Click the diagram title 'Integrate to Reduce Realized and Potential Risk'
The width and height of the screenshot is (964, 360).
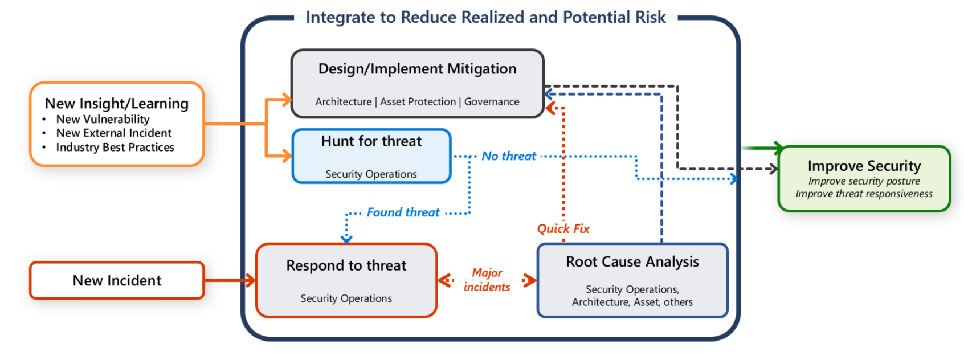click(485, 17)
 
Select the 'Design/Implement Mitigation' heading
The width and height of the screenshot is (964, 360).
click(417, 69)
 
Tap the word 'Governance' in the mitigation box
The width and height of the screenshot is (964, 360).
click(492, 102)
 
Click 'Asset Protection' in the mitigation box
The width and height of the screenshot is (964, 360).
click(418, 102)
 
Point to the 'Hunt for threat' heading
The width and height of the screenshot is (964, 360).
click(371, 141)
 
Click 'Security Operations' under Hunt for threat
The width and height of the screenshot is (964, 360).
click(371, 174)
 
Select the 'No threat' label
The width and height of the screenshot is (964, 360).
click(508, 156)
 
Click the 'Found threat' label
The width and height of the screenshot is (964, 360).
click(403, 212)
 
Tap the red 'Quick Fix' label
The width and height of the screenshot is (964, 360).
click(563, 229)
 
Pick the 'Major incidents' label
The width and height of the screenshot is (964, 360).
click(487, 280)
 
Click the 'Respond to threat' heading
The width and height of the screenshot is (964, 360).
click(346, 265)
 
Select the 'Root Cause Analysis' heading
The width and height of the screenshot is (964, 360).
click(632, 261)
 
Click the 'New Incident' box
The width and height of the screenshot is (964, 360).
click(117, 280)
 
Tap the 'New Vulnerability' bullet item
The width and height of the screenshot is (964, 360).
click(103, 120)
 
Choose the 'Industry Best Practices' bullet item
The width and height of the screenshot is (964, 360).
click(115, 148)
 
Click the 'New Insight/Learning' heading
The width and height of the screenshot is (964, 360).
click(116, 104)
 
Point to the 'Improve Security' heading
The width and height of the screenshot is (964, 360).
click(864, 166)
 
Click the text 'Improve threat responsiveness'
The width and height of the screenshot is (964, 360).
click(864, 194)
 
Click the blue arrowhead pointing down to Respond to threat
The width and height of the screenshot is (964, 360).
click(346, 239)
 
